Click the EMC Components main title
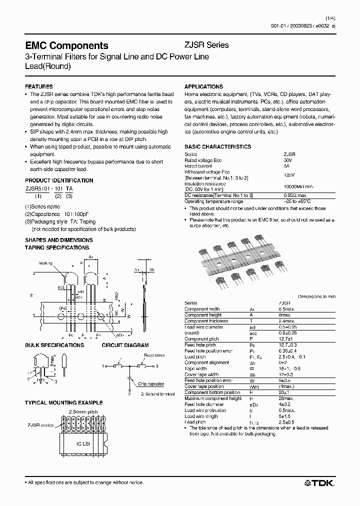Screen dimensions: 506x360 click(x=66, y=45)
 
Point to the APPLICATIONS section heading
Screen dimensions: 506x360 click(x=203, y=86)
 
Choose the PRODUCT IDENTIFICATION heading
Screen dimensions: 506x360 click(x=59, y=180)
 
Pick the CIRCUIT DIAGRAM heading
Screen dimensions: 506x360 click(x=125, y=345)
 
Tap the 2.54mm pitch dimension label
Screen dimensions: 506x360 click(x=83, y=411)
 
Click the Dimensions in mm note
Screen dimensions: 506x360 click(x=316, y=296)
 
